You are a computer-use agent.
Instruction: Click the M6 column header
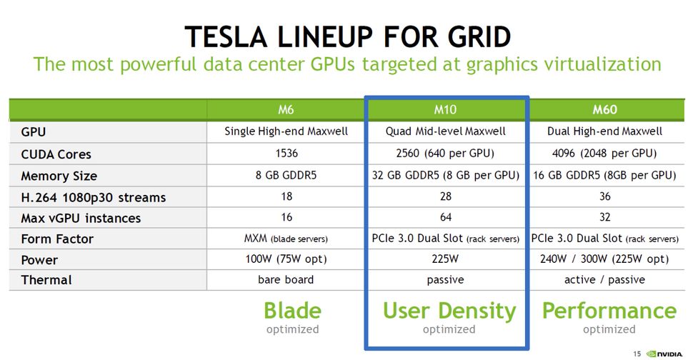pyautogui.click(x=286, y=109)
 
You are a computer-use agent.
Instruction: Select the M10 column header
pyautogui.click(x=445, y=109)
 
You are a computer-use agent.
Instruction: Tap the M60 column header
pyautogui.click(x=604, y=109)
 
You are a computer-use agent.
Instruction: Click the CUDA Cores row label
pyautogui.click(x=56, y=154)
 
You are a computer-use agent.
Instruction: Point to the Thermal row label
pyautogui.click(x=46, y=280)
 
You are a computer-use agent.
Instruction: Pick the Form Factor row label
pyautogui.click(x=57, y=239)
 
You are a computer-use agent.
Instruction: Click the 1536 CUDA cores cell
pyautogui.click(x=286, y=154)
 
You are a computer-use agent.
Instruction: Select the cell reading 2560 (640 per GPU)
pyautogui.click(x=445, y=154)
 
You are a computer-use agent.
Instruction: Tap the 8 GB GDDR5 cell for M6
pyautogui.click(x=286, y=176)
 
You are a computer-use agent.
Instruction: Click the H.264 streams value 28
pyautogui.click(x=446, y=196)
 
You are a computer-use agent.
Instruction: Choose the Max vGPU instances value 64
pyautogui.click(x=446, y=217)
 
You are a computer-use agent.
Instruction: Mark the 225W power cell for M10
pyautogui.click(x=445, y=259)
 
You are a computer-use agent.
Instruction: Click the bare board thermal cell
pyautogui.click(x=286, y=279)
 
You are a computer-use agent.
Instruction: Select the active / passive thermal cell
pyautogui.click(x=604, y=279)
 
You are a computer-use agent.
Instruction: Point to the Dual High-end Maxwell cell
pyautogui.click(x=604, y=131)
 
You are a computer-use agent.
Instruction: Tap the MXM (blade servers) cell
pyautogui.click(x=286, y=239)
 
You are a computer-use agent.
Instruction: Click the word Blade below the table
pyautogui.click(x=293, y=311)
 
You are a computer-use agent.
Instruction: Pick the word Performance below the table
pyautogui.click(x=609, y=311)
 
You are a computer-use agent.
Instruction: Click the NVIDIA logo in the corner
pyautogui.click(x=664, y=354)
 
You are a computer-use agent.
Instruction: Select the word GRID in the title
pyautogui.click(x=479, y=36)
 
